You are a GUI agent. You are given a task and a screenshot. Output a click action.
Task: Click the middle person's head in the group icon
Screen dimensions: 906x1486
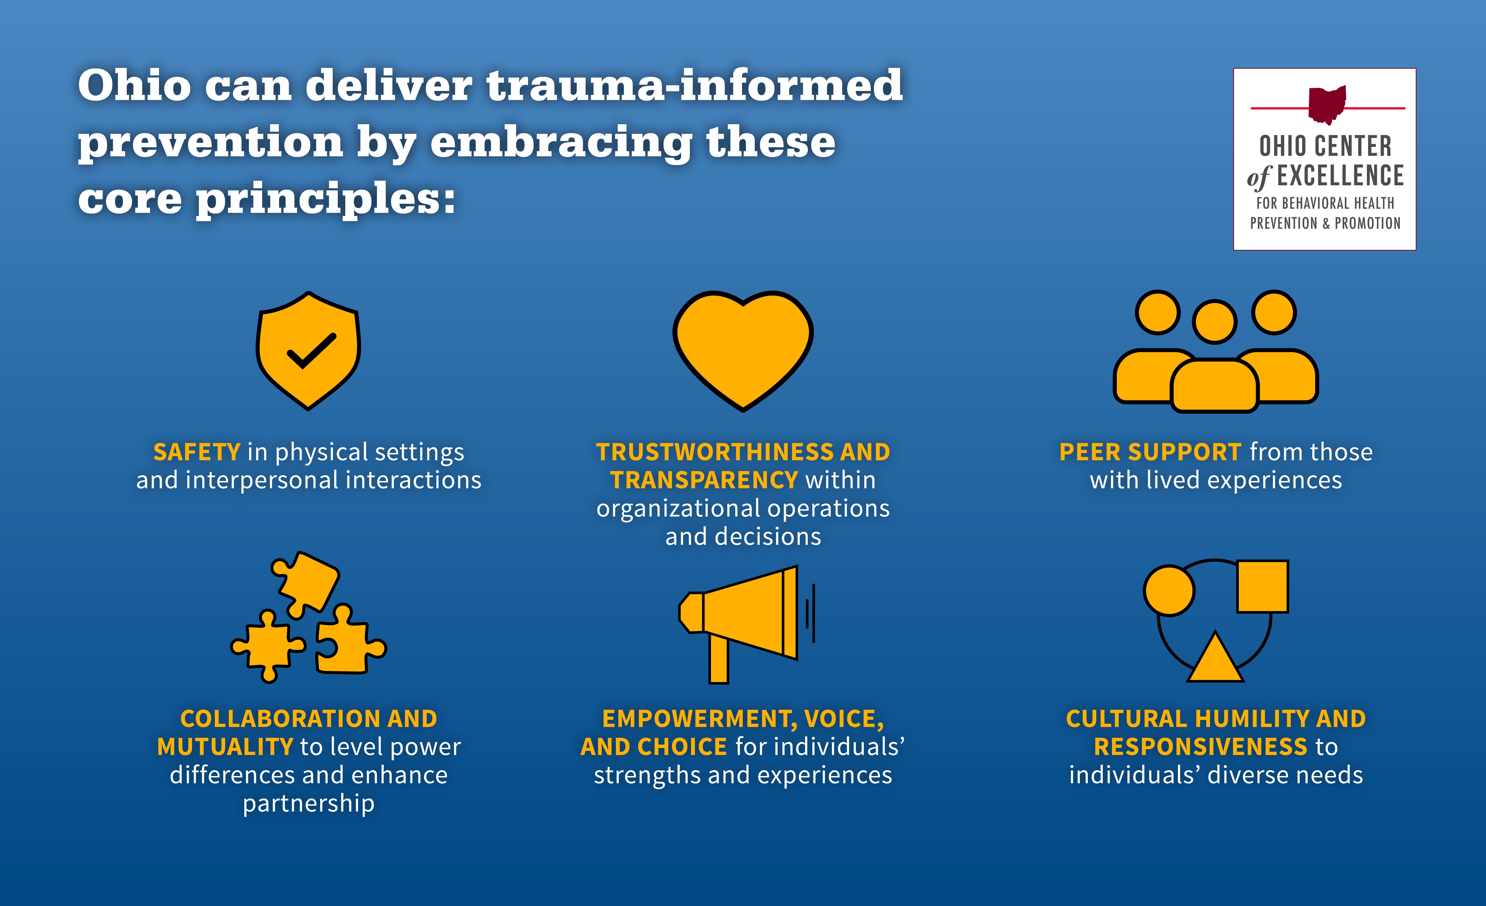[1215, 322]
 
